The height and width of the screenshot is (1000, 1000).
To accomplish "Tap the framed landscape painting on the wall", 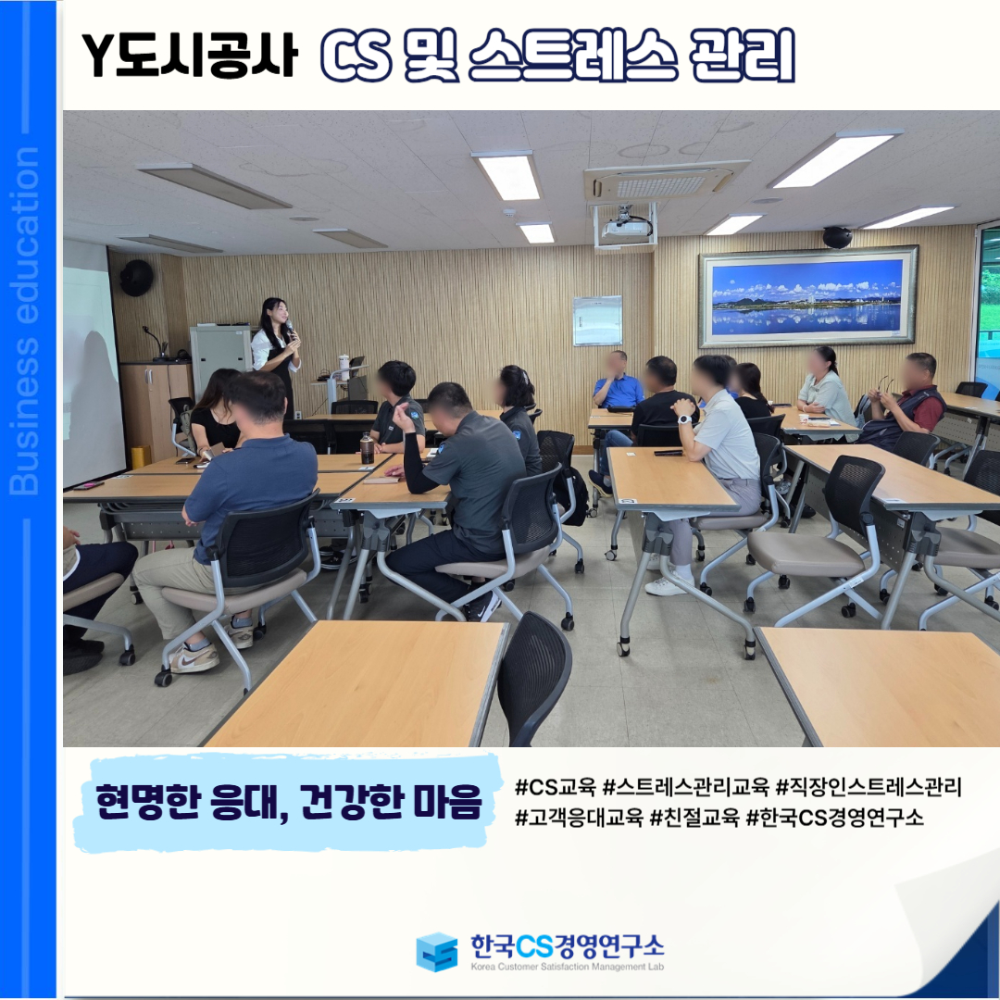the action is tap(808, 296).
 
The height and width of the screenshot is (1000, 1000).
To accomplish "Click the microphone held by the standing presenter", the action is tap(290, 329).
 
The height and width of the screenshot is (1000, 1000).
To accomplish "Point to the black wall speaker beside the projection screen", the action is tap(136, 278).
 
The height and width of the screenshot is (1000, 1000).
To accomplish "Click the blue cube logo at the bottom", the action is tap(437, 952).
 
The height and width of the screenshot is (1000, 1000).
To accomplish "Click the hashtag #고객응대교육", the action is tap(579, 817).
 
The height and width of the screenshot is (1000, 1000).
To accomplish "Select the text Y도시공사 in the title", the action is tap(190, 55).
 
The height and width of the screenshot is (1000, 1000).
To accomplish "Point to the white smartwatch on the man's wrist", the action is tap(683, 419).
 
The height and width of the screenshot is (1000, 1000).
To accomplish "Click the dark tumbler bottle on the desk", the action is tap(367, 448).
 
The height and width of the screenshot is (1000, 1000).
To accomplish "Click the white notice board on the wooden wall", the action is tap(597, 320).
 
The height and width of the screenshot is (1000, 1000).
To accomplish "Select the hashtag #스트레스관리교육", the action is tap(685, 787).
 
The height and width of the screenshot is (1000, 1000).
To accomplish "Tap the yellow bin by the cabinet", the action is tap(141, 456).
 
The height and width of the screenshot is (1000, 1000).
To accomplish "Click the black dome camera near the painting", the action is tap(837, 237).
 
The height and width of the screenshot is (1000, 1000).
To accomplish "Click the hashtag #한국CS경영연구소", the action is tap(834, 817).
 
